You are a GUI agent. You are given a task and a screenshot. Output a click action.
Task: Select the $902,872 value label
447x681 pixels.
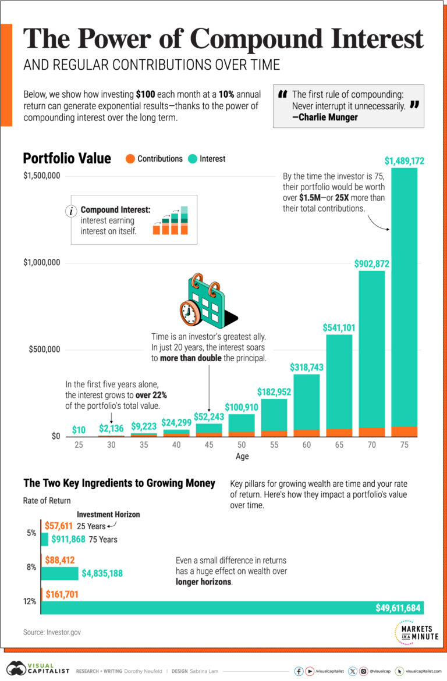pos(371,264)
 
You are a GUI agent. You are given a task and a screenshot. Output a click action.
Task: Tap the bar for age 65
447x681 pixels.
pos(338,384)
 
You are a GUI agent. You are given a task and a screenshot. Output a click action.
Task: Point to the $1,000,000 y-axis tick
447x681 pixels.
pos(42,263)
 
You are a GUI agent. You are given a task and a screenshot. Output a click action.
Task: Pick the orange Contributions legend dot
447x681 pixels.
pos(130,159)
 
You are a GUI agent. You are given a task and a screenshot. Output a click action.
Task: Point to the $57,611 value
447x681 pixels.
pos(58,526)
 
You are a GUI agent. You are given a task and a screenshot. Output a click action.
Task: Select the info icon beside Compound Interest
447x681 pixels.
pos(72,211)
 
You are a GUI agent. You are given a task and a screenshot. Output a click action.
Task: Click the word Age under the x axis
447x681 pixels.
pos(242,457)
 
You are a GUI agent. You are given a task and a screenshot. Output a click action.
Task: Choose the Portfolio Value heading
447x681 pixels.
pos(67,158)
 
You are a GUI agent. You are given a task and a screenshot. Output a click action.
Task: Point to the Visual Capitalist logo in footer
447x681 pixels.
pos(38,670)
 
